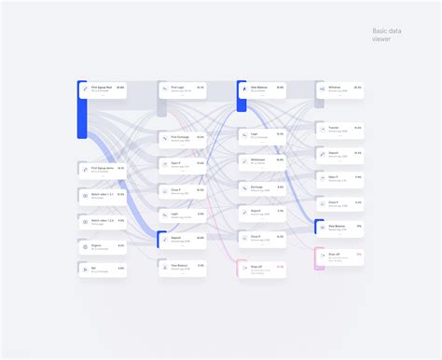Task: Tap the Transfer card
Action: point(341,128)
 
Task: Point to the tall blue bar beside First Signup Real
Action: point(81,110)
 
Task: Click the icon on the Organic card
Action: point(84,247)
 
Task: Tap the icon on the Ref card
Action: point(84,270)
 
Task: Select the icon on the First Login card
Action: point(164,90)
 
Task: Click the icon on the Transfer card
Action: point(323,129)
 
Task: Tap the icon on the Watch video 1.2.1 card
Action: point(84,196)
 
